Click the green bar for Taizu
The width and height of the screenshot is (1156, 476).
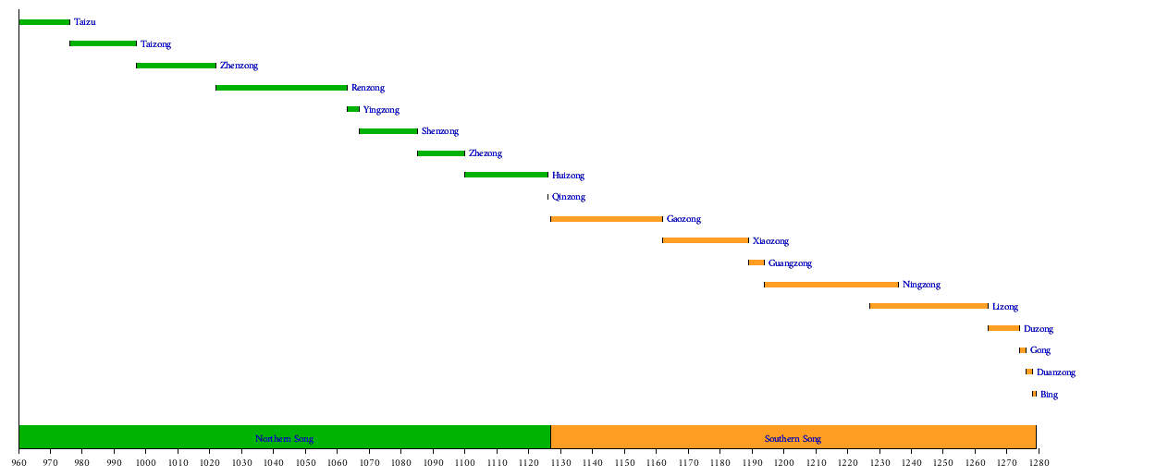coord(44,22)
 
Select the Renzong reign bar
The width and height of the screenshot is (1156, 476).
coord(281,88)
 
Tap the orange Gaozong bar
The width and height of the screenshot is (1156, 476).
coord(607,219)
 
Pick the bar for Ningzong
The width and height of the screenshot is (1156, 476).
coord(831,285)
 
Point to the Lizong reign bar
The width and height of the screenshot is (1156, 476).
coord(928,306)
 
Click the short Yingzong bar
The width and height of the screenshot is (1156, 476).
coord(353,109)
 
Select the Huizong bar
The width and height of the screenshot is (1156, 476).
coord(506,175)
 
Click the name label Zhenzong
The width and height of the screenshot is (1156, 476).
coord(239,66)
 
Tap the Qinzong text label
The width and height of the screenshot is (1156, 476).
coord(568,197)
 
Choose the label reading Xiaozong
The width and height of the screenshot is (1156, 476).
coord(770,241)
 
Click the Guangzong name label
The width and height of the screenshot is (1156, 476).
coord(790,263)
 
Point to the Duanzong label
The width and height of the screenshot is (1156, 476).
coord(1055,372)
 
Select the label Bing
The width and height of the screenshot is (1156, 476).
coord(1049,395)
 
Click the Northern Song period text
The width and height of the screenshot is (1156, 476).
coord(284,438)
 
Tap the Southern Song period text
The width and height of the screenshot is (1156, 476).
coord(793,438)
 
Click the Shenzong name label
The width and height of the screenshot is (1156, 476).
coord(439,131)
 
